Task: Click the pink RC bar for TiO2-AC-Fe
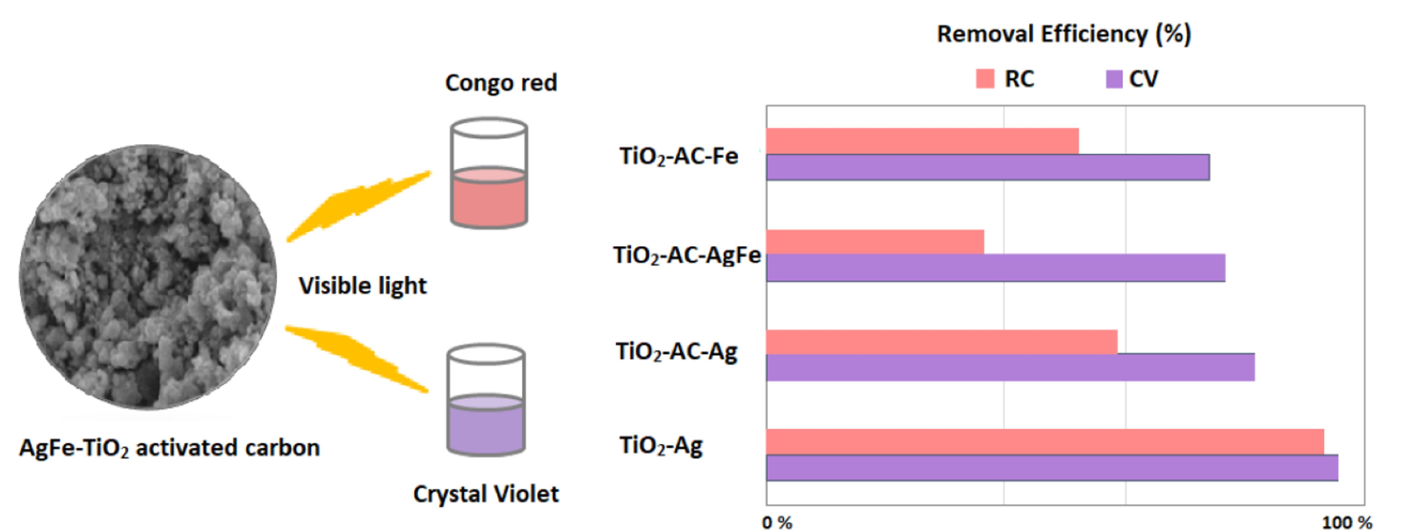pyautogui.click(x=923, y=141)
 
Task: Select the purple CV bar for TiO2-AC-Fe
pyautogui.click(x=988, y=167)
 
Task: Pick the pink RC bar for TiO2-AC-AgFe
pyautogui.click(x=875, y=242)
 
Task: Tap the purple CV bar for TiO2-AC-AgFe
pyautogui.click(x=995, y=268)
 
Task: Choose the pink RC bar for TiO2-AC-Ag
pyautogui.click(x=942, y=342)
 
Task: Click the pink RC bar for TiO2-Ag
pyautogui.click(x=1045, y=442)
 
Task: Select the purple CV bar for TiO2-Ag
pyautogui.click(x=1052, y=468)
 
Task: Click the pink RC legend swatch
pyautogui.click(x=985, y=78)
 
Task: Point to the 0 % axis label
pyautogui.click(x=777, y=523)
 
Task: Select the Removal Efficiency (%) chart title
pyautogui.click(x=1064, y=34)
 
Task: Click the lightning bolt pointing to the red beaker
pyautogui.click(x=358, y=206)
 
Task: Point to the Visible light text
pyautogui.click(x=362, y=286)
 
